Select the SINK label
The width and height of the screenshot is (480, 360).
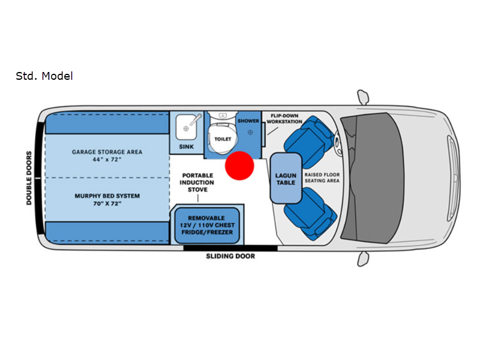click(187, 146)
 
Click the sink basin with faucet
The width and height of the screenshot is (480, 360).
click(187, 127)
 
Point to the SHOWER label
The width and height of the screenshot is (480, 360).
click(248, 121)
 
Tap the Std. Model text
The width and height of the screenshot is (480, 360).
click(44, 76)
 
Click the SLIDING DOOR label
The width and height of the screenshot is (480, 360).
click(230, 256)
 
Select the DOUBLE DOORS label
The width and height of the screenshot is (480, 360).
click(29, 178)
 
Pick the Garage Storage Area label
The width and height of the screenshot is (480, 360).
click(107, 156)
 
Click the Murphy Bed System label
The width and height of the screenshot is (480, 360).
click(107, 200)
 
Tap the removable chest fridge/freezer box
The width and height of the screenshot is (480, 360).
click(206, 225)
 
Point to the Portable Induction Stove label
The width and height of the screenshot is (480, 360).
click(198, 182)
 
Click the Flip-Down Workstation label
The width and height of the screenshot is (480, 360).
click(284, 118)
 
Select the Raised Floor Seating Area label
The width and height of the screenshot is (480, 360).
click(322, 177)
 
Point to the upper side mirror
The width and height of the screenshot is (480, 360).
click(363, 97)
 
